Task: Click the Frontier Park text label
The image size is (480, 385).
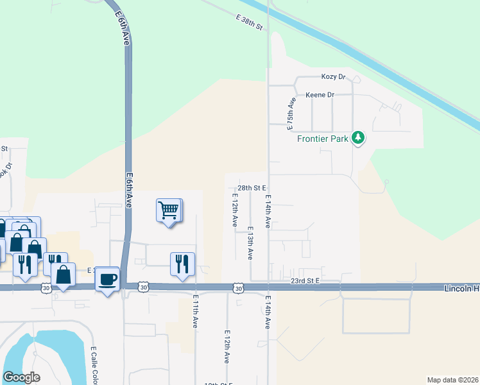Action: click(x=322, y=138)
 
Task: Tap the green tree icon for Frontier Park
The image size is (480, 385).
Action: click(x=358, y=137)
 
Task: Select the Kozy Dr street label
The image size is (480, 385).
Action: click(x=334, y=78)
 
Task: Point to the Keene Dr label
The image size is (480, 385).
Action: click(x=320, y=95)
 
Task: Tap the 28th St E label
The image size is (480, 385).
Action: click(x=252, y=188)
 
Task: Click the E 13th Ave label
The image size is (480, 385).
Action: click(x=250, y=243)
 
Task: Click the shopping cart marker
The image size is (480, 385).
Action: click(x=168, y=210)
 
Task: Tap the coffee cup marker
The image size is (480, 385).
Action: click(x=108, y=279)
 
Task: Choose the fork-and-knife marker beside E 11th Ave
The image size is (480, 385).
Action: click(x=182, y=264)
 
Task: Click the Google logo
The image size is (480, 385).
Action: click(x=21, y=377)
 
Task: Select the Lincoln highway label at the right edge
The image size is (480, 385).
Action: click(x=461, y=289)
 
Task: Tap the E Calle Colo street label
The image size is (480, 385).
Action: click(x=94, y=363)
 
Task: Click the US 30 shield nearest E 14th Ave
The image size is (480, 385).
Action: click(x=238, y=289)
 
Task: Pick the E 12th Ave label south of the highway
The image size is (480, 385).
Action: click(x=227, y=347)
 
